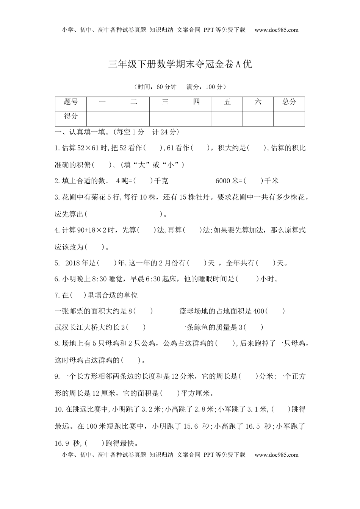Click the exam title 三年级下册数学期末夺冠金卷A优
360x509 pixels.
click(x=180, y=64)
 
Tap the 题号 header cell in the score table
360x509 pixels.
click(x=71, y=102)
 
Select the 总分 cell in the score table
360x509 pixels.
click(x=289, y=102)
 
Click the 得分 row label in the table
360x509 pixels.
click(x=71, y=116)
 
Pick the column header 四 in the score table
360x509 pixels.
click(x=196, y=102)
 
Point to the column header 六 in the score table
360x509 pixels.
click(x=258, y=102)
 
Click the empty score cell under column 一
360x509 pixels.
click(x=102, y=118)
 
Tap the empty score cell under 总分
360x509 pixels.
click(x=289, y=118)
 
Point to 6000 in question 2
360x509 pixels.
click(x=223, y=181)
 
